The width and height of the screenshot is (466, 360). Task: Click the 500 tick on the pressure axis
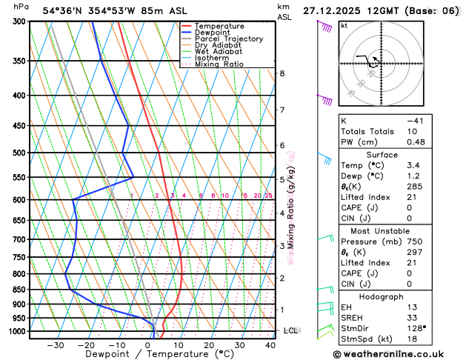pyautogui.click(x=19, y=153)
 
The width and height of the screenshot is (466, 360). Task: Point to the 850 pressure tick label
pyautogui.click(x=19, y=290)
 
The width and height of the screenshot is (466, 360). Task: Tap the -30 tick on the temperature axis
pyautogui.click(x=56, y=344)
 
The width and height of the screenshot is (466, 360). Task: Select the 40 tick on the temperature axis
pyautogui.click(x=270, y=344)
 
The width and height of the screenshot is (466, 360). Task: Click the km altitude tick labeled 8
pyautogui.click(x=282, y=73)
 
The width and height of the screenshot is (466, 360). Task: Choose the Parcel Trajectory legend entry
pyautogui.click(x=228, y=39)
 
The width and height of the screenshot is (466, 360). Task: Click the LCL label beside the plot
pyautogui.click(x=290, y=330)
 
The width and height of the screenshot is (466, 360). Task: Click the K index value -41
pyautogui.click(x=415, y=120)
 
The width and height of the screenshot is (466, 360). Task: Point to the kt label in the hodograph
pyautogui.click(x=344, y=25)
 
